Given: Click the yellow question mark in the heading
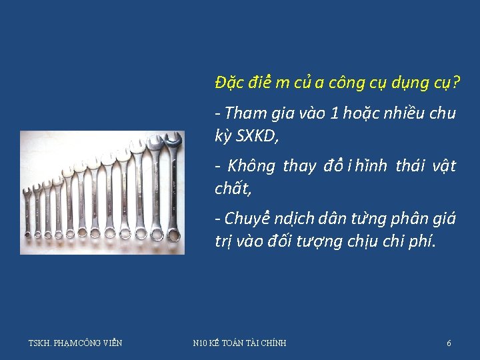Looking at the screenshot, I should tap(456, 83).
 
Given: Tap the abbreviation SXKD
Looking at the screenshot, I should tap(256, 137).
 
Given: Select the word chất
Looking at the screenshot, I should tap(232, 189).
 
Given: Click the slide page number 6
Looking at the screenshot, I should tap(449, 343).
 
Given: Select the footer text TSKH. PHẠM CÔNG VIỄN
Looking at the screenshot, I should tap(75, 343).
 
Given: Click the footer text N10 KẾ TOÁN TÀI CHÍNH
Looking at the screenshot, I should tap(239, 343).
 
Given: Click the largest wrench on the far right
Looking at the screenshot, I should tap(173, 187).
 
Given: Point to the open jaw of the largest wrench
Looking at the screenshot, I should tap(172, 139).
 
